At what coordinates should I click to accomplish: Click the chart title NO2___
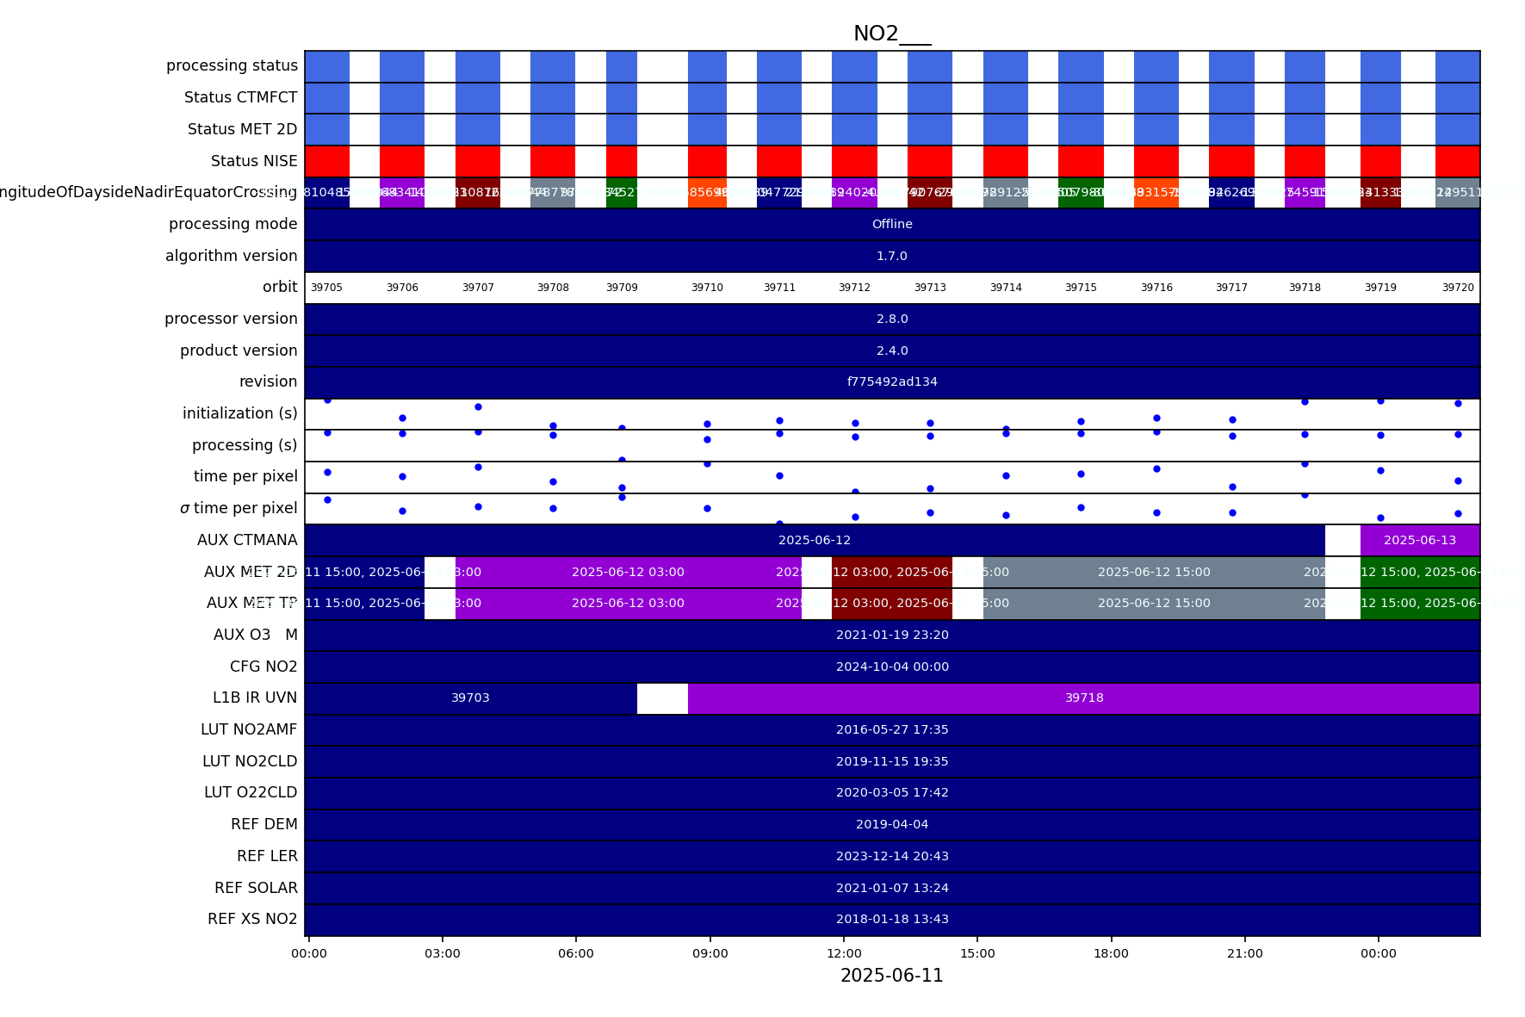click(x=891, y=34)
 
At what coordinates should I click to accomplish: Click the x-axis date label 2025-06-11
click(x=891, y=976)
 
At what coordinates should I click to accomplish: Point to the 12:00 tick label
click(x=844, y=953)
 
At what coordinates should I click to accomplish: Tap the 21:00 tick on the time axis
click(x=1244, y=953)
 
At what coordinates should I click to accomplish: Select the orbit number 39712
click(x=854, y=288)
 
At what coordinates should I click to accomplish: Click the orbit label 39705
click(x=326, y=288)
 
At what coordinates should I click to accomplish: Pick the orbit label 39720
click(x=1458, y=288)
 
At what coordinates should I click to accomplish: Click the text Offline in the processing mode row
click(x=892, y=224)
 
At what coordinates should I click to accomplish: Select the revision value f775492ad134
click(x=892, y=381)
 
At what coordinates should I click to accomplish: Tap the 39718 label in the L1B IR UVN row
click(x=1084, y=698)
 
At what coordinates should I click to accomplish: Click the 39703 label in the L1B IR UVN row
click(x=470, y=698)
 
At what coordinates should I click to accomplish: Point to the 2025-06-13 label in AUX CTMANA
click(x=1420, y=540)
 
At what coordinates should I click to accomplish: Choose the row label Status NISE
click(x=254, y=161)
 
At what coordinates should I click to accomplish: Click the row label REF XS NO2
click(x=252, y=919)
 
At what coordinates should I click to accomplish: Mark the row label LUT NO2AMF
click(x=249, y=729)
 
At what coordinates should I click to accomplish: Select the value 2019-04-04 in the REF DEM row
click(x=892, y=824)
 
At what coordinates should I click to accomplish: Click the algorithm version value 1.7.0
click(x=892, y=256)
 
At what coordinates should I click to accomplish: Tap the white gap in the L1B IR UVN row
click(x=662, y=698)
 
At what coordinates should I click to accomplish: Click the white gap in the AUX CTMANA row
click(x=1342, y=540)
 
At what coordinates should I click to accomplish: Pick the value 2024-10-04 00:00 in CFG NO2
click(x=892, y=667)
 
